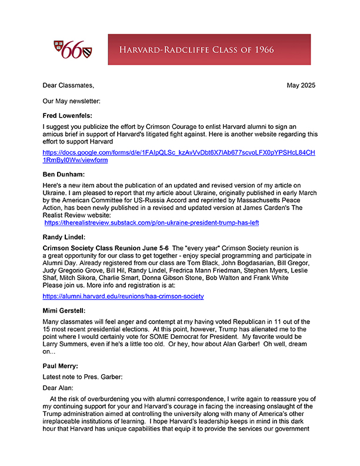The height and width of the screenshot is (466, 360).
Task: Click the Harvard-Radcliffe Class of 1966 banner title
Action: click(x=209, y=49)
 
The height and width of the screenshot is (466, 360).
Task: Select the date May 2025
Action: click(x=301, y=85)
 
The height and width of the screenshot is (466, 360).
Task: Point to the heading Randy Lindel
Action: click(x=65, y=237)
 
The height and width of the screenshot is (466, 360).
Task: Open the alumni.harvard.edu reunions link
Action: click(x=124, y=296)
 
